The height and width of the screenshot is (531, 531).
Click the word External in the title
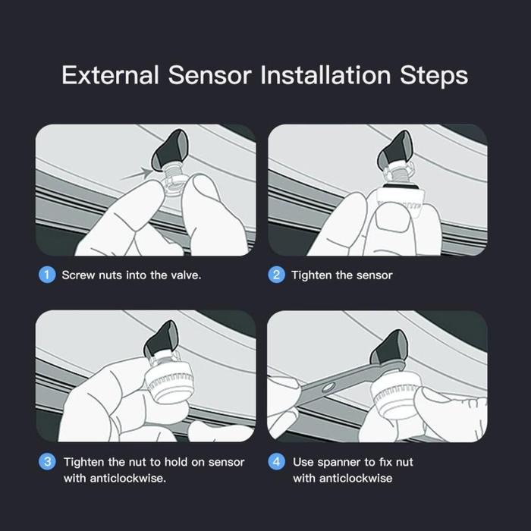[110, 75]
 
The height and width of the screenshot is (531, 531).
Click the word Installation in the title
[325, 75]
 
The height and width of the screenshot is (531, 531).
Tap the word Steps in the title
[434, 76]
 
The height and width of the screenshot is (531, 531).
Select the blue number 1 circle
[47, 275]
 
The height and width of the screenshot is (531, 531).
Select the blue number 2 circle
[276, 275]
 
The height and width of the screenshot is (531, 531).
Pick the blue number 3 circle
[47, 461]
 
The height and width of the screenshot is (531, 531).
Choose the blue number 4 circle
[276, 461]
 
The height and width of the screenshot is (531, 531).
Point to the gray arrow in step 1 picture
[137, 174]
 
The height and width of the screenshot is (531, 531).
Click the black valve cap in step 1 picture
[170, 149]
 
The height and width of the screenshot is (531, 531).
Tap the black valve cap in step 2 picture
[394, 151]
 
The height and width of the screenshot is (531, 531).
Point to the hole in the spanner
[328, 387]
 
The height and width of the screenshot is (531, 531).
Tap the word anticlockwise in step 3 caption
[127, 478]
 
